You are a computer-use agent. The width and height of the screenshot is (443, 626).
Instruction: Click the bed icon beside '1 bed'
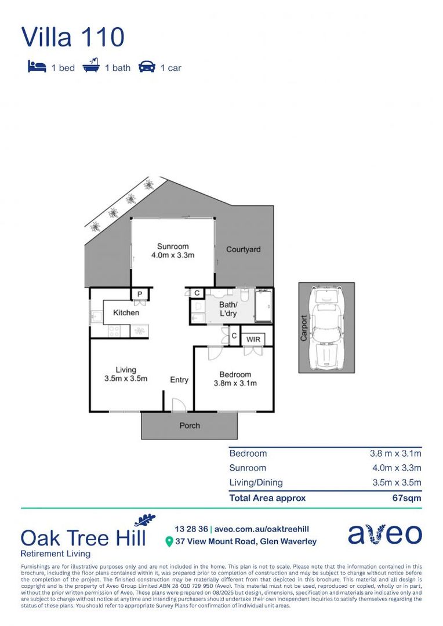point(37,67)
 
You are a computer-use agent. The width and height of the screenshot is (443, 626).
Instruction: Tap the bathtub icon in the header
point(90,67)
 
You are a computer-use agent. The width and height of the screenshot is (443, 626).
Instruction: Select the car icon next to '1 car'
point(147,67)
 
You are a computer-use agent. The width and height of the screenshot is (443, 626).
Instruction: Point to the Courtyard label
point(243,250)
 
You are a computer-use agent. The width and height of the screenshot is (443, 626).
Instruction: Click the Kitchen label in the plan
point(126,312)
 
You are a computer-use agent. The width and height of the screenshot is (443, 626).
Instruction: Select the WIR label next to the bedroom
point(253,338)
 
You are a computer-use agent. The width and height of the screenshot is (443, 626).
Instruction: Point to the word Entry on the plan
point(179,380)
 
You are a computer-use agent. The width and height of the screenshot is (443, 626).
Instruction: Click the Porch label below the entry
point(189,425)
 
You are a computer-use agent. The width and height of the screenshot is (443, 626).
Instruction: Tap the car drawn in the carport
point(326,327)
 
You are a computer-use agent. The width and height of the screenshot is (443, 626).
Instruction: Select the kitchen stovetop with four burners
point(114,332)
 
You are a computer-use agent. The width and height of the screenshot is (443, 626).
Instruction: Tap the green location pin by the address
point(169,542)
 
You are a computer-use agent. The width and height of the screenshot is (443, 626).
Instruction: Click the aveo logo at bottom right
point(384,534)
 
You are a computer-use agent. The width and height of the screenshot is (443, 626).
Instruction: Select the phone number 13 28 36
point(191,529)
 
